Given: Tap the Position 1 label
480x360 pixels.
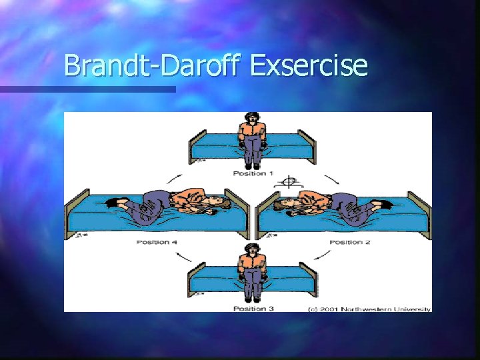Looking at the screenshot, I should pyautogui.click(x=253, y=173).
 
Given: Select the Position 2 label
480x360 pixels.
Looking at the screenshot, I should pyautogui.click(x=350, y=241).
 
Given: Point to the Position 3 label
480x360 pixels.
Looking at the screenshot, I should pyautogui.click(x=253, y=308).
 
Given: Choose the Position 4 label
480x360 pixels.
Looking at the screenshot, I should pyautogui.click(x=158, y=241).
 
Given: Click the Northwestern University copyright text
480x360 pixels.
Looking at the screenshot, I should pyautogui.click(x=369, y=309).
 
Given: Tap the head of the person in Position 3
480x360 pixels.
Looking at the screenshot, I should pyautogui.click(x=252, y=251).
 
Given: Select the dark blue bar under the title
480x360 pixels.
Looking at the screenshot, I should pyautogui.click(x=87, y=89).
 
